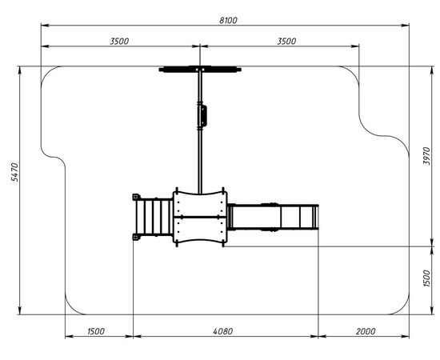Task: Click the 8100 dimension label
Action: (228, 21)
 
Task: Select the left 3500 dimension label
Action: (119, 42)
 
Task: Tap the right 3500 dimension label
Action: (286, 42)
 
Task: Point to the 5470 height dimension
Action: (14, 172)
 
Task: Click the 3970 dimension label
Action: (426, 156)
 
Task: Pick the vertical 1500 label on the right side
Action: (426, 278)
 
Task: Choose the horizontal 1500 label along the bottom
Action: (96, 331)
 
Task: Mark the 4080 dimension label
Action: (223, 331)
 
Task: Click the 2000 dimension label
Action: (366, 331)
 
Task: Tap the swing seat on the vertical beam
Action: (202, 115)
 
